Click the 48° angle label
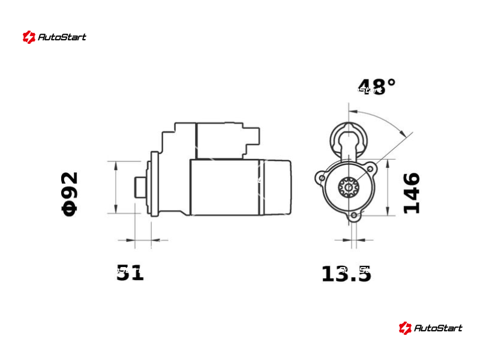click(x=377, y=87)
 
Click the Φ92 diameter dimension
click(x=70, y=193)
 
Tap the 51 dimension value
click(x=130, y=273)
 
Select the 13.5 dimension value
click(x=346, y=274)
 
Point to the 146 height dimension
click(x=412, y=193)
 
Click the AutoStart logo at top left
click(x=55, y=37)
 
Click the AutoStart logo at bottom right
click(x=431, y=328)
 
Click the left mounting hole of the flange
click(x=322, y=178)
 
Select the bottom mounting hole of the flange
click(x=354, y=215)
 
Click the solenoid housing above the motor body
click(x=219, y=141)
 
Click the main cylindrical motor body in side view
click(x=225, y=187)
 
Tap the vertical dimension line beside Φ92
click(x=115, y=187)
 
